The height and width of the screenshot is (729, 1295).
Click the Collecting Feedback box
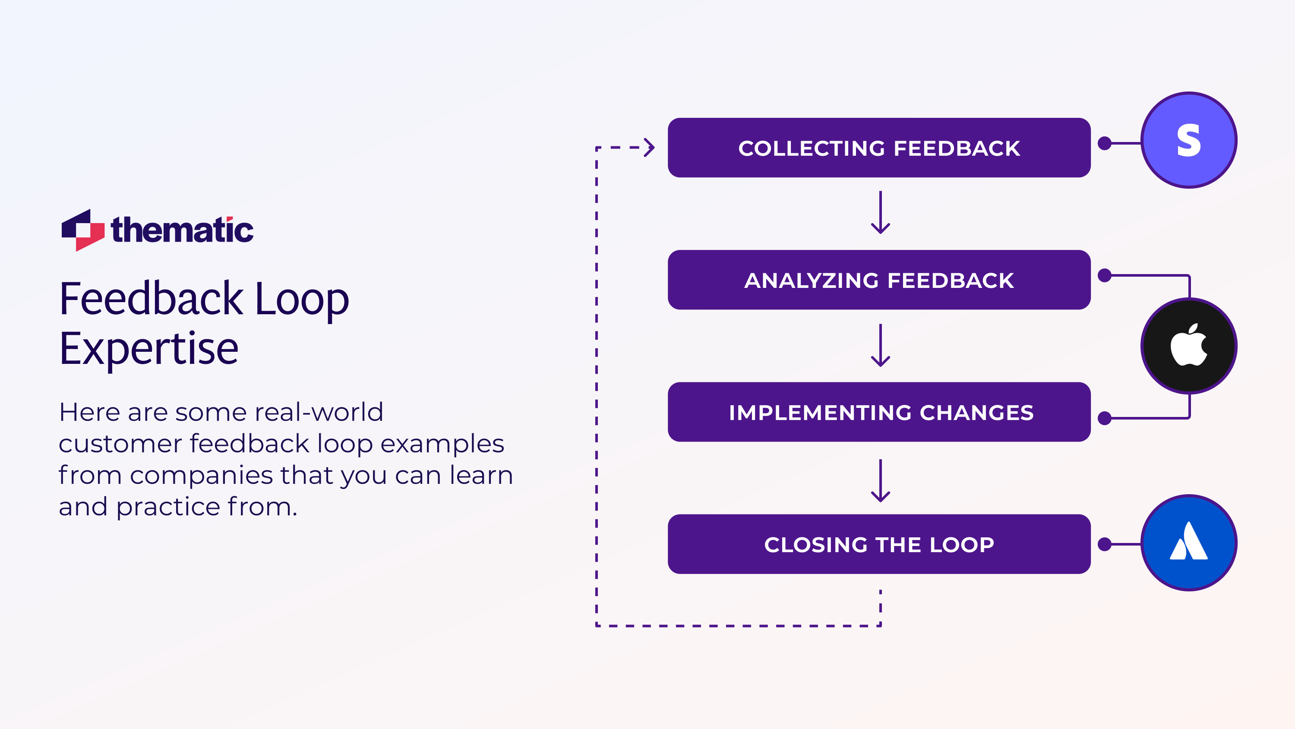(x=879, y=148)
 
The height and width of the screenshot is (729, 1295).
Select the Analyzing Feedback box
(x=879, y=280)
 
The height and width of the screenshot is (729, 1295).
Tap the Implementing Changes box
(x=879, y=412)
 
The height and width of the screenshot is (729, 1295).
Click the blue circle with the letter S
(x=1188, y=140)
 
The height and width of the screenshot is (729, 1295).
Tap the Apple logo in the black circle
(x=1188, y=345)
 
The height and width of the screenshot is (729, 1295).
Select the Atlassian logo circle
(x=1188, y=543)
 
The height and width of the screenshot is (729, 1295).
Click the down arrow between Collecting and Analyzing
(x=880, y=213)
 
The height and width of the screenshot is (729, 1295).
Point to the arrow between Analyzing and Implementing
(x=880, y=345)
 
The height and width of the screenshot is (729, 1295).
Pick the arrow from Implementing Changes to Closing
(x=880, y=481)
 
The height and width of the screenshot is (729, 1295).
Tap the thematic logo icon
(x=83, y=230)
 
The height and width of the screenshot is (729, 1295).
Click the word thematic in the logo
(x=182, y=230)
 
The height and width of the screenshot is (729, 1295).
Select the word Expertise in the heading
(x=149, y=348)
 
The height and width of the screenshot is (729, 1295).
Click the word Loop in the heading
(x=302, y=300)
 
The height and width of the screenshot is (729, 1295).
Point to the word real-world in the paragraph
(x=319, y=412)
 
